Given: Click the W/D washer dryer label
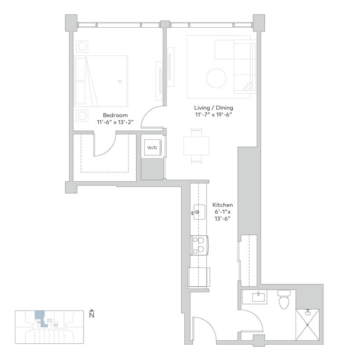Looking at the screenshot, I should point(152,148).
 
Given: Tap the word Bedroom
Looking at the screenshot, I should point(115,115).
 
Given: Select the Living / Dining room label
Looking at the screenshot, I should point(214,107).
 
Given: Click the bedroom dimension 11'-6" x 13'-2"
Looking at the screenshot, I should point(115,122).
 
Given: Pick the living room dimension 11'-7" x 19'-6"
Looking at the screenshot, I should point(214,114).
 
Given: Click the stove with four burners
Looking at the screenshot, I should point(199,245).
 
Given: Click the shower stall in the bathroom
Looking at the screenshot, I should point(307,325).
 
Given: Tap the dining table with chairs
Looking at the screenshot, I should point(197,146).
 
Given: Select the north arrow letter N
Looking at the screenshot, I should point(91,315).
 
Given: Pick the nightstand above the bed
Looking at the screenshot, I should point(82,46).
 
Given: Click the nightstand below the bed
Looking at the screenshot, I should point(82,115).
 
